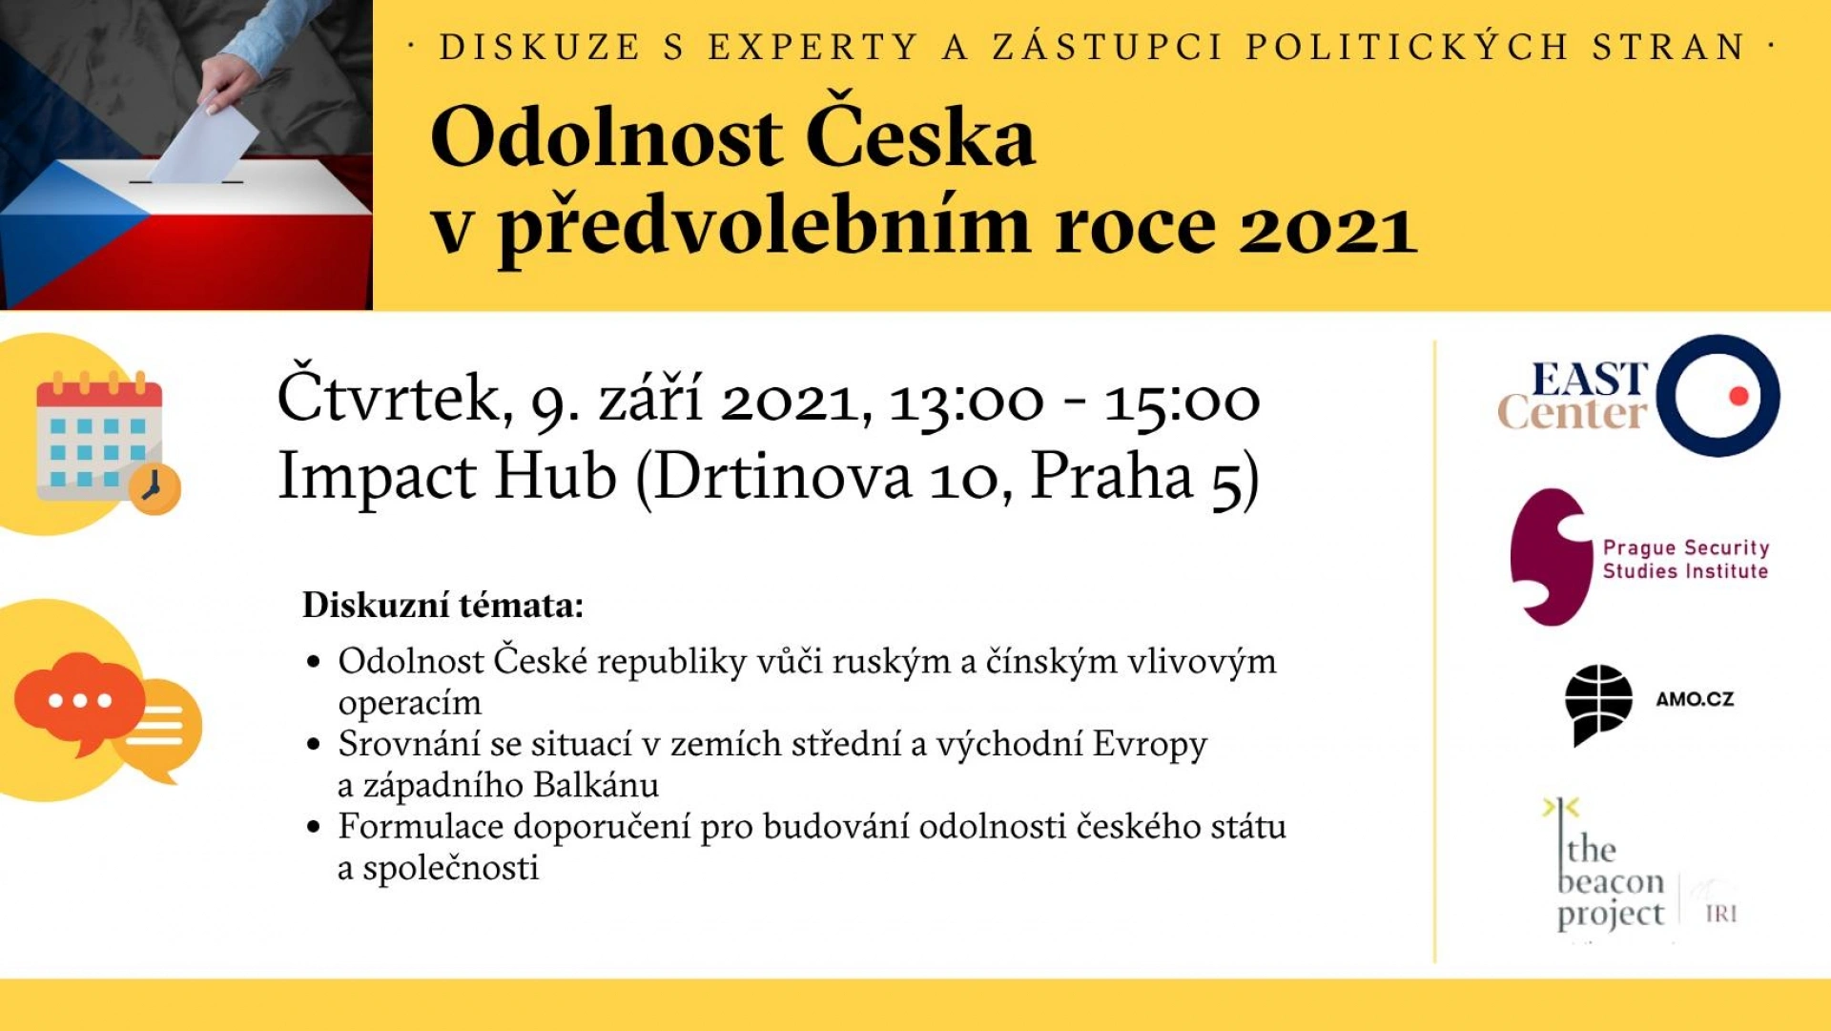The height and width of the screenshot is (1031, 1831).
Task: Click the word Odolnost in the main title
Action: (607, 139)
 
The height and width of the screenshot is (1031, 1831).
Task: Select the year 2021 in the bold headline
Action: (1327, 229)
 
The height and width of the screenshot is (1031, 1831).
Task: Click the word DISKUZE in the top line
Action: (540, 47)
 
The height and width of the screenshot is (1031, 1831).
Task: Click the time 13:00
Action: (966, 402)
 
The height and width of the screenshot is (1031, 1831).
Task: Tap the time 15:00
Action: (1183, 402)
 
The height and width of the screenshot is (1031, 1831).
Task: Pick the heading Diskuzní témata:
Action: (442, 606)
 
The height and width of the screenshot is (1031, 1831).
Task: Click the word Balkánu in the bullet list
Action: (596, 785)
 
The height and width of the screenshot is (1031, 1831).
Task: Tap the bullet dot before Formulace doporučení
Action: (314, 827)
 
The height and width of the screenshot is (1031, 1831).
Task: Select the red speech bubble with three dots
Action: (79, 702)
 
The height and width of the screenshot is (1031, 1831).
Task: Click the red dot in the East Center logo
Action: (1738, 396)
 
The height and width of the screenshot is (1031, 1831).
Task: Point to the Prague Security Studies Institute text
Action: (1685, 559)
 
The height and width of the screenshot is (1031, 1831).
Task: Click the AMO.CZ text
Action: (1695, 699)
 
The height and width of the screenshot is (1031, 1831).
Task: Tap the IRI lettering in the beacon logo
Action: (1720, 914)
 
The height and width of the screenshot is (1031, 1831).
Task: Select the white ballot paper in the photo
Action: (205, 143)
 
